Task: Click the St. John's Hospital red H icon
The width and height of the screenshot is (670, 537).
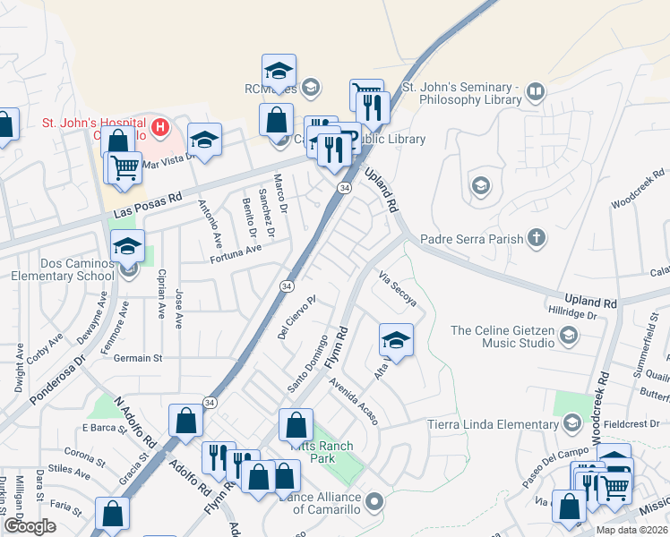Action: (x=160, y=127)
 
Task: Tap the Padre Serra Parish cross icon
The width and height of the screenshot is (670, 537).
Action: (x=536, y=238)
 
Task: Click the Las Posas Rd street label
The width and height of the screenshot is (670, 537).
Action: (x=149, y=206)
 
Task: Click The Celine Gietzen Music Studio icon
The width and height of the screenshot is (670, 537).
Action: (x=567, y=337)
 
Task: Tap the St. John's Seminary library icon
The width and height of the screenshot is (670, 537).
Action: (x=536, y=92)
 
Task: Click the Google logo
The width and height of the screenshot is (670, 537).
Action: (x=30, y=526)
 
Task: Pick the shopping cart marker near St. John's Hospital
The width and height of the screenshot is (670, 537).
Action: (x=125, y=167)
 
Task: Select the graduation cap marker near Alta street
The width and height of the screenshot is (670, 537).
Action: (x=396, y=339)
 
